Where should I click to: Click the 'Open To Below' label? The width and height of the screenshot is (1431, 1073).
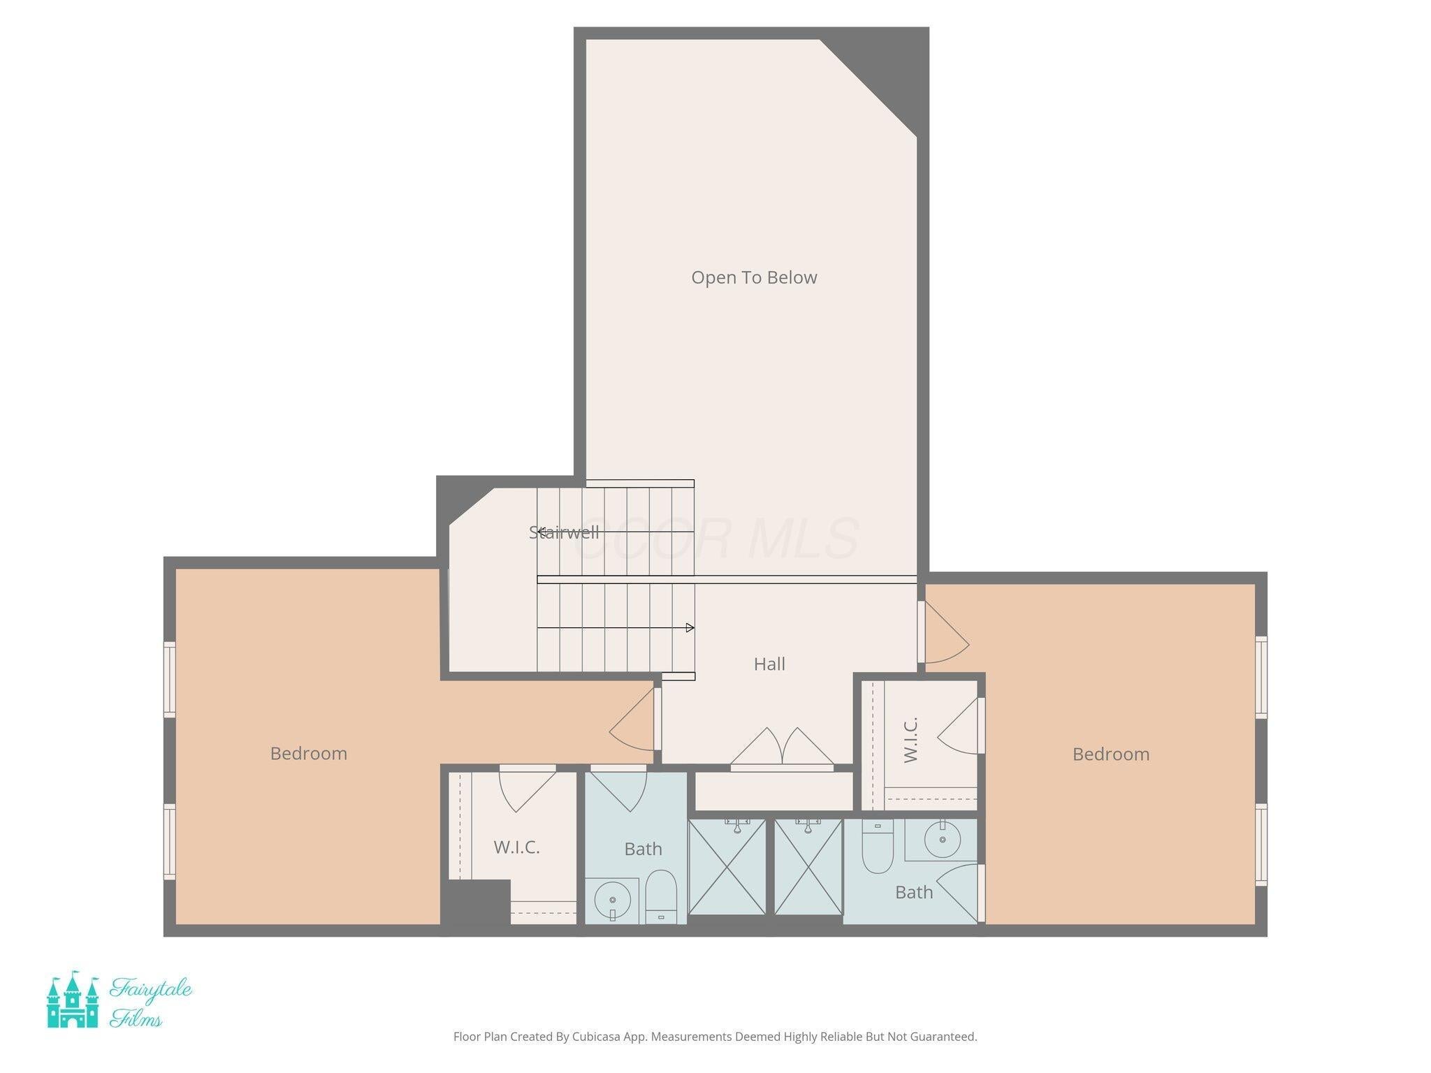tap(754, 277)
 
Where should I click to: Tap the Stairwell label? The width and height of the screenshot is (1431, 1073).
tap(564, 532)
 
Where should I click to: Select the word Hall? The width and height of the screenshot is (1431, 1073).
tap(769, 664)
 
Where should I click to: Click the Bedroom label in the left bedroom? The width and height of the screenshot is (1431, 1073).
tap(308, 753)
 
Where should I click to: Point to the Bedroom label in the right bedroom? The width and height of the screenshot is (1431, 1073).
tap(1110, 754)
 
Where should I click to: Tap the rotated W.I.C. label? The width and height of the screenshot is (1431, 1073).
tap(910, 740)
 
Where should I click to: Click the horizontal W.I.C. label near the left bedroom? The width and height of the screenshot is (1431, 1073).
tap(516, 847)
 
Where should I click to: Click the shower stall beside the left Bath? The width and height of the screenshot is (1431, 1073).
tap(727, 867)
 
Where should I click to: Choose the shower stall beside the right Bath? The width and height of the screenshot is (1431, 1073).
tap(808, 867)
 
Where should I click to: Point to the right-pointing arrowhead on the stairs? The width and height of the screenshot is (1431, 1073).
tap(690, 627)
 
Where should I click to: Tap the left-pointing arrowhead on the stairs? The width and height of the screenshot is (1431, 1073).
tap(542, 532)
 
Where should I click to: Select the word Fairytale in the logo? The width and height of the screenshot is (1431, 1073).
tap(150, 989)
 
